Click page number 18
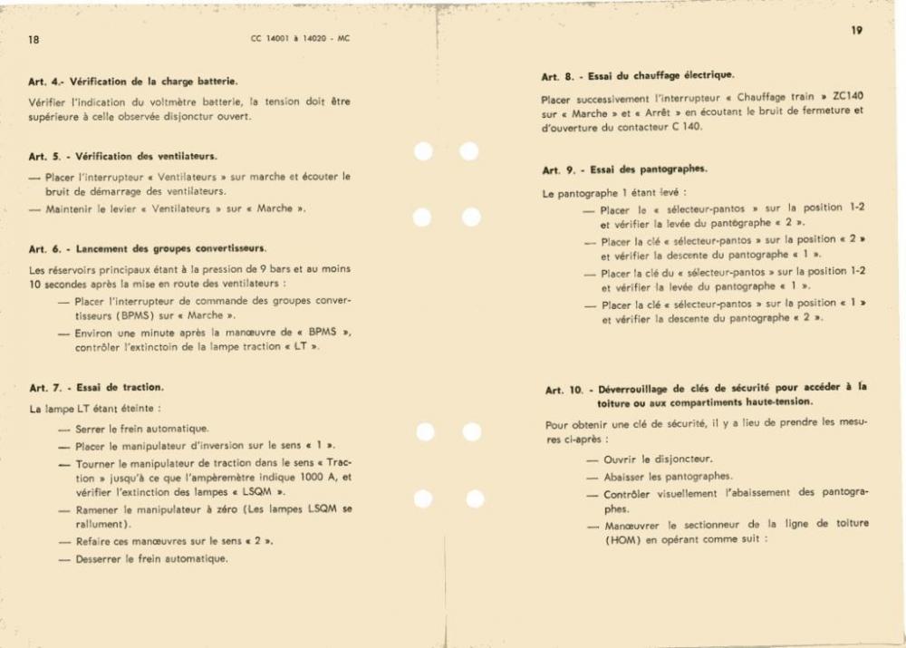(34, 40)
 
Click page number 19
(856, 31)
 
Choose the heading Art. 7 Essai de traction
(96, 388)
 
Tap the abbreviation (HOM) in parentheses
(622, 538)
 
